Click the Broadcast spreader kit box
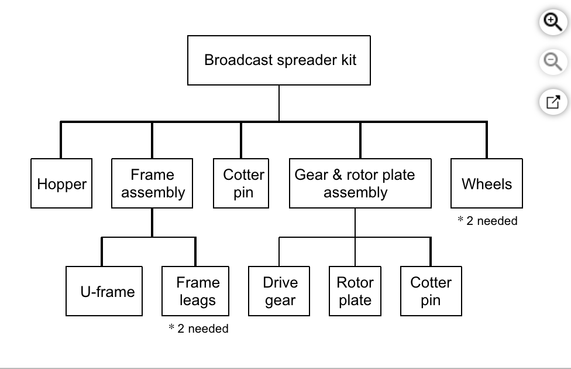tap(279, 60)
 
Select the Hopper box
tap(61, 183)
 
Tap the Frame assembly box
tap(153, 183)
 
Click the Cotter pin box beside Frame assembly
tap(242, 183)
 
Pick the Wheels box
tap(486, 183)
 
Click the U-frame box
tap(104, 291)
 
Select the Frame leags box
tap(195, 291)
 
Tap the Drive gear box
tap(279, 291)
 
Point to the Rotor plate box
tap(355, 291)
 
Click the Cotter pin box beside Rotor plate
tap(431, 291)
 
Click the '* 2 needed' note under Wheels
tap(487, 221)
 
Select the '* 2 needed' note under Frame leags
tap(198, 329)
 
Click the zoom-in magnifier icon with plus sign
tap(552, 22)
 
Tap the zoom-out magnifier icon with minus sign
tap(552, 61)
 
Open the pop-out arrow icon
tap(552, 102)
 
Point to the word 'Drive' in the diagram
tap(280, 282)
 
